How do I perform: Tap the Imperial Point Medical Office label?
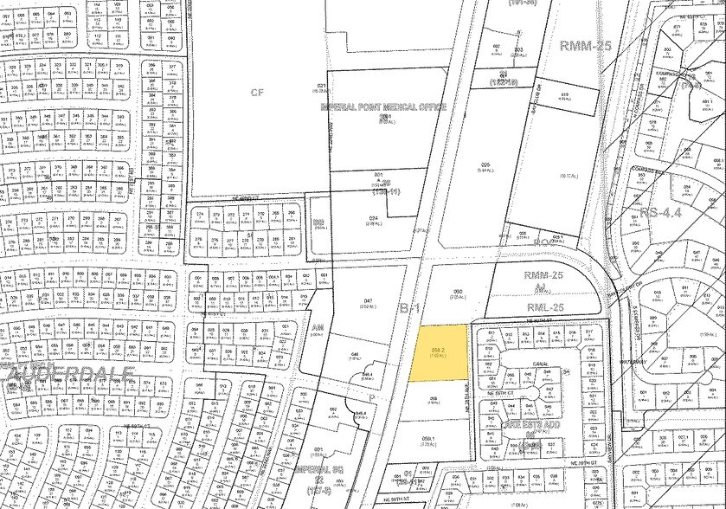click(x=382, y=107)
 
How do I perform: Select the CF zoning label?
click(x=256, y=92)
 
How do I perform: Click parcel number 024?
click(x=375, y=218)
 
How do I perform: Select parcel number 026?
click(x=485, y=164)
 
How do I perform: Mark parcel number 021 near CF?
click(x=321, y=87)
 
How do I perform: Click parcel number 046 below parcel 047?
click(x=354, y=354)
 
